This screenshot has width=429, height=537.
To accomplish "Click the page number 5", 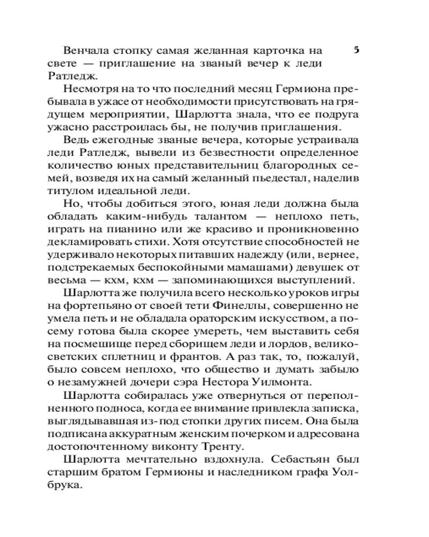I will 357,50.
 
